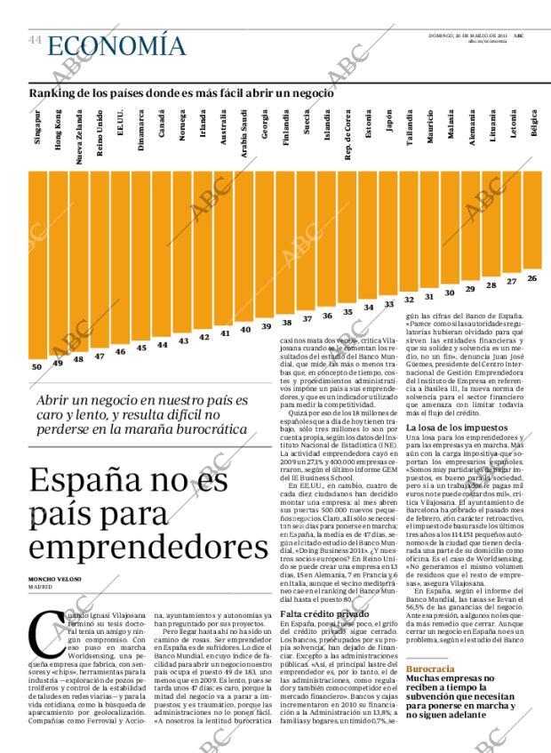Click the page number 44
pyautogui.click(x=35, y=40)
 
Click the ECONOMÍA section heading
pyautogui.click(x=116, y=44)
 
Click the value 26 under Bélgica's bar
pyautogui.click(x=531, y=278)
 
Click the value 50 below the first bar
pyautogui.click(x=36, y=366)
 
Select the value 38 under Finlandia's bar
pyautogui.click(x=286, y=322)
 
